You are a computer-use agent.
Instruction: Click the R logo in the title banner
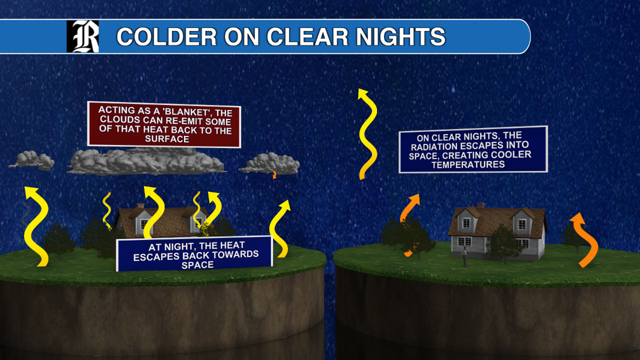83,36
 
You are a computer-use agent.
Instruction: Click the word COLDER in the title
166,37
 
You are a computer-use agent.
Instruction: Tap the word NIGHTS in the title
401,37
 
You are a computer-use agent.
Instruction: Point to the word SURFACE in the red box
167,139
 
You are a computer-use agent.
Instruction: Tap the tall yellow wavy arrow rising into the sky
368,134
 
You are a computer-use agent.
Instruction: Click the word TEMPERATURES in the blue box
468,165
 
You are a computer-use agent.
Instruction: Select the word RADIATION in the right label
435,147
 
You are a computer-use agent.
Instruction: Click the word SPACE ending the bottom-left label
197,265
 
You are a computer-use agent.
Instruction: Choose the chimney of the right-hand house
481,206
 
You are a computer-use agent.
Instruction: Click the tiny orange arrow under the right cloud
274,174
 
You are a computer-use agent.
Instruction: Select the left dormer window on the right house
466,223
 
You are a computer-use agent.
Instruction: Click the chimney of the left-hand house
140,206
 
